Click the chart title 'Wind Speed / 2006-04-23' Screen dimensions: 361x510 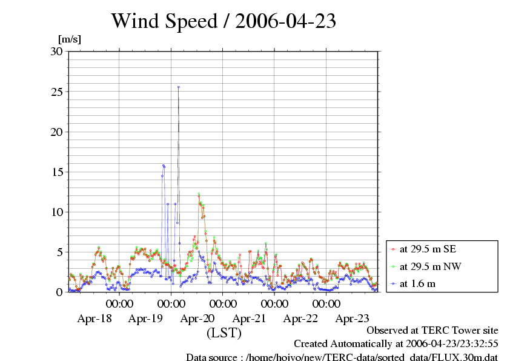tap(224, 21)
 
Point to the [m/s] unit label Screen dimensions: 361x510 tap(69, 39)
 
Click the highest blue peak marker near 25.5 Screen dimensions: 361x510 tap(179, 87)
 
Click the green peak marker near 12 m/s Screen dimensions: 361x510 tap(199, 195)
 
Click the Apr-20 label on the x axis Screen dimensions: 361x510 tap(197, 317)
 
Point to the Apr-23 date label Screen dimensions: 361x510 tap(353, 317)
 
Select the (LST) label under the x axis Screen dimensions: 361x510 tap(224, 333)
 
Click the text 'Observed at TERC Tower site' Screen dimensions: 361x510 tap(432, 331)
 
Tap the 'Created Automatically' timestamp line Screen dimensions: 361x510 tap(396, 344)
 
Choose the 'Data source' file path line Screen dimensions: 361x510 tap(342, 357)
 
